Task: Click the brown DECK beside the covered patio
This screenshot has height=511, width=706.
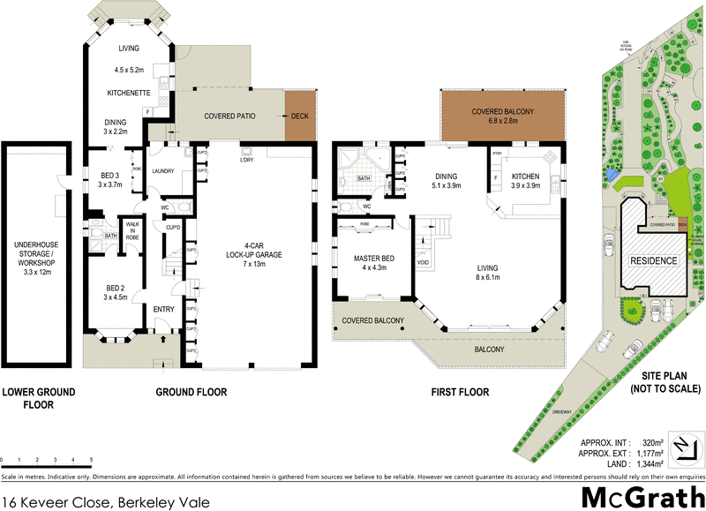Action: [x=300, y=116]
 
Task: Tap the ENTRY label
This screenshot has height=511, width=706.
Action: [x=164, y=309]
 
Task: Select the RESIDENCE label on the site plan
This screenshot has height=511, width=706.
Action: [x=653, y=260]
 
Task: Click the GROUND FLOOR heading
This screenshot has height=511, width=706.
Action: [x=192, y=392]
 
